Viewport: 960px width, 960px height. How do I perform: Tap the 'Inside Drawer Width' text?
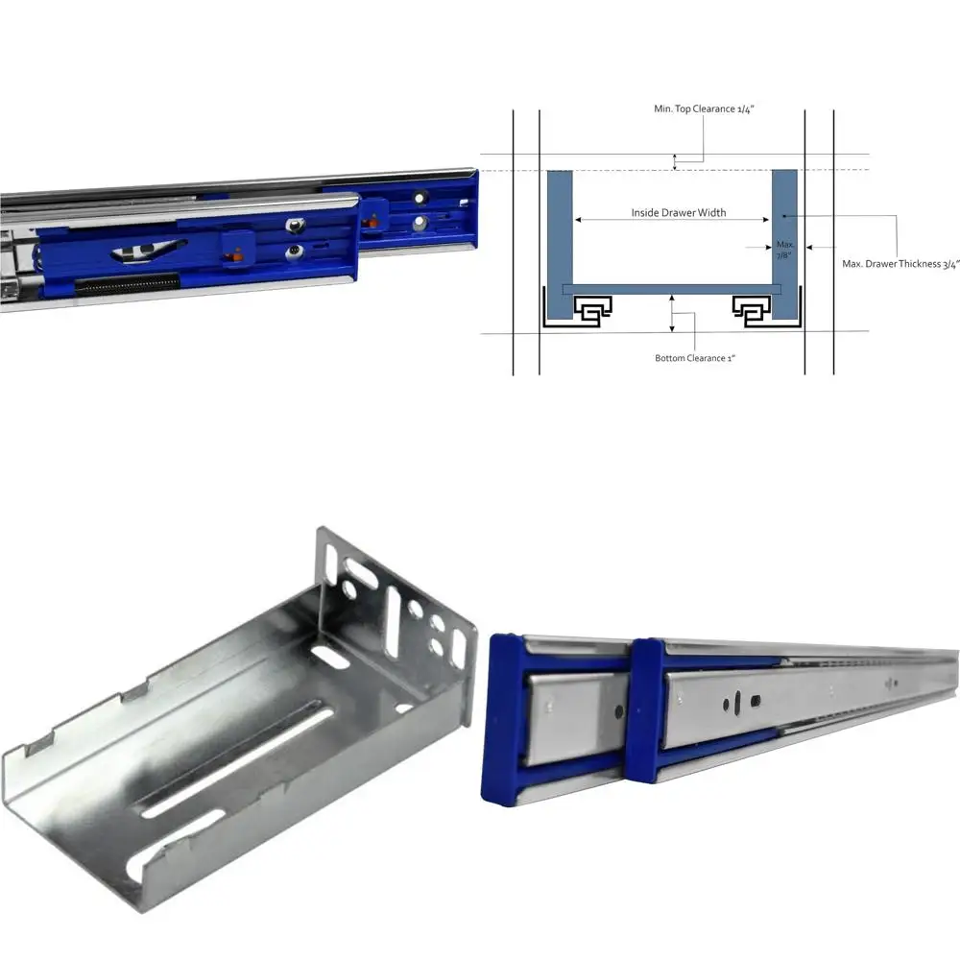tap(678, 212)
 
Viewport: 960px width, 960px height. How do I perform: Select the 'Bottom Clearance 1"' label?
tap(700, 358)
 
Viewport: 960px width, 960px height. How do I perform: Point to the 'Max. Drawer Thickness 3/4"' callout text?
tap(900, 263)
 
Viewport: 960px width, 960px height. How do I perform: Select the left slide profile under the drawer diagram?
tap(589, 309)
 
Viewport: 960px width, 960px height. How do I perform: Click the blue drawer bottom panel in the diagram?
tap(672, 289)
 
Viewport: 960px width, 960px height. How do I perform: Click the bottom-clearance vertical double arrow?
tap(672, 315)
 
